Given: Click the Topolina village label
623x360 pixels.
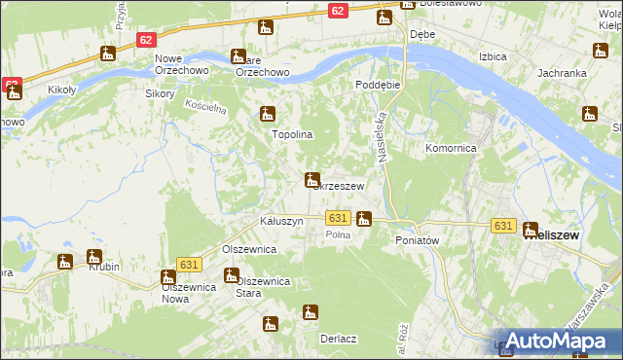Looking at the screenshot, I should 291,134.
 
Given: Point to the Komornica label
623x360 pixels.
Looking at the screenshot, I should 451,149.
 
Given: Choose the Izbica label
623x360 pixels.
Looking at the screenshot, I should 493,57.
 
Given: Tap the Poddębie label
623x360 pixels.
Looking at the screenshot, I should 378,85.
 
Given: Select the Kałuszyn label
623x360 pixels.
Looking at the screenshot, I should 282,222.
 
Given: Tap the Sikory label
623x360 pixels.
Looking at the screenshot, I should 160,94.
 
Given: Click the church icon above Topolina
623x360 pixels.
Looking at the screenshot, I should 267,115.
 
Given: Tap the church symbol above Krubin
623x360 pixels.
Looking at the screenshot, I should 95,258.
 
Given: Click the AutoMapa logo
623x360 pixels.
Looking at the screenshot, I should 556,341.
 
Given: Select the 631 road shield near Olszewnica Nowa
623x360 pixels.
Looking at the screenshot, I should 189,265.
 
